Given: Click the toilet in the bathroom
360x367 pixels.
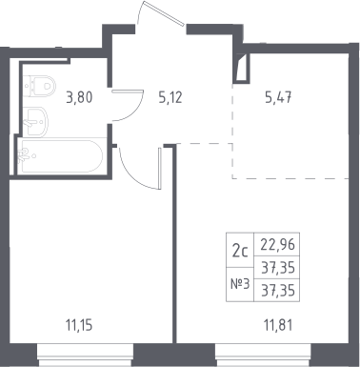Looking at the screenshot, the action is click(39, 86).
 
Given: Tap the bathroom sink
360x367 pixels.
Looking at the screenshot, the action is click(35, 121).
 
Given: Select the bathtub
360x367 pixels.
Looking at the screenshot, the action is click(60, 156).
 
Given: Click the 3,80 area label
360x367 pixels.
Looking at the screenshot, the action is click(79, 97).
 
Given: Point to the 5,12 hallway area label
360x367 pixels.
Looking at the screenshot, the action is click(170, 97).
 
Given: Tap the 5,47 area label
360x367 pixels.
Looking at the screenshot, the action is click(278, 97).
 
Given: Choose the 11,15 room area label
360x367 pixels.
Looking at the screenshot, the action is click(79, 325).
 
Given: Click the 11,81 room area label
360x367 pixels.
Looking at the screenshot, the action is click(278, 325).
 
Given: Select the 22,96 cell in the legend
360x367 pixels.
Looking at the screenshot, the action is click(278, 244).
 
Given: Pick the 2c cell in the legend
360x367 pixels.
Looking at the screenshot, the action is click(240, 250).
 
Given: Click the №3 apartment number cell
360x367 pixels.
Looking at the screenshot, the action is click(240, 284).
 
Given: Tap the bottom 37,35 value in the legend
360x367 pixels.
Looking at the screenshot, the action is click(278, 290).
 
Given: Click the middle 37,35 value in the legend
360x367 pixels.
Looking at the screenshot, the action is click(278, 268).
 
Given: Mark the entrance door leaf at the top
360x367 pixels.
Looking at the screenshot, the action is click(164, 13).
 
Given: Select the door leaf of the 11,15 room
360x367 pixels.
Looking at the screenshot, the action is click(160, 168).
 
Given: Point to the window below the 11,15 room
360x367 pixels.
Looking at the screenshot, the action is click(85, 355).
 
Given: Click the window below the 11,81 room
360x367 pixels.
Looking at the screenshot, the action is click(263, 355).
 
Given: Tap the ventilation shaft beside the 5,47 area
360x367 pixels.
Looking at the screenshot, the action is click(242, 68).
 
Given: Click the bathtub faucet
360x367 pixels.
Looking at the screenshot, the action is click(24, 155).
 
